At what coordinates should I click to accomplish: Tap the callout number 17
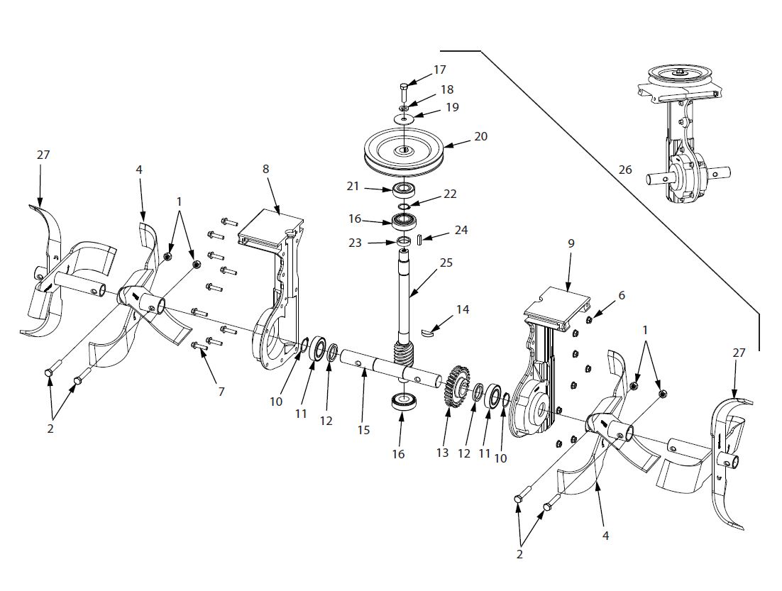pos(440,70)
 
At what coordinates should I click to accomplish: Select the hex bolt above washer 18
pos(403,91)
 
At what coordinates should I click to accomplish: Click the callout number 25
pos(446,263)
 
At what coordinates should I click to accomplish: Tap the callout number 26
pos(624,170)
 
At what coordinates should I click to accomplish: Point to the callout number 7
pos(221,392)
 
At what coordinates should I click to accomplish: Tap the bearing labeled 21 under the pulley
pos(404,189)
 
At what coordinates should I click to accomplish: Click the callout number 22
pos(450,194)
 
